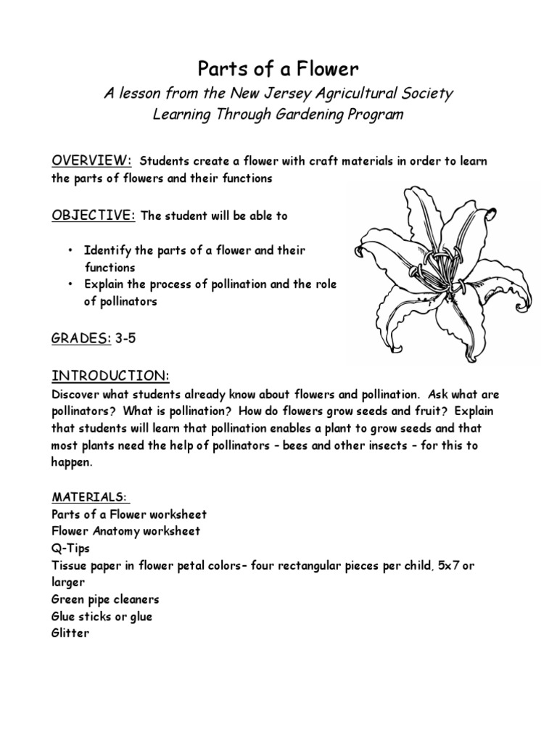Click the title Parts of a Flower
point(278,69)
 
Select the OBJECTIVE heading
point(94,215)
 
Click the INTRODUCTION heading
point(110,376)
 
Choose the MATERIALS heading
point(88,497)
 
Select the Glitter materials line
point(70,633)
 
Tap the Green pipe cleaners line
point(105,599)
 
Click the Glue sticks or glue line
point(102,617)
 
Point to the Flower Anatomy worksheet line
point(125,531)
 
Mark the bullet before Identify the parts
point(70,250)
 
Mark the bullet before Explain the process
point(70,284)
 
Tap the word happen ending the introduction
point(72,461)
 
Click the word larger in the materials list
point(68,582)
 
